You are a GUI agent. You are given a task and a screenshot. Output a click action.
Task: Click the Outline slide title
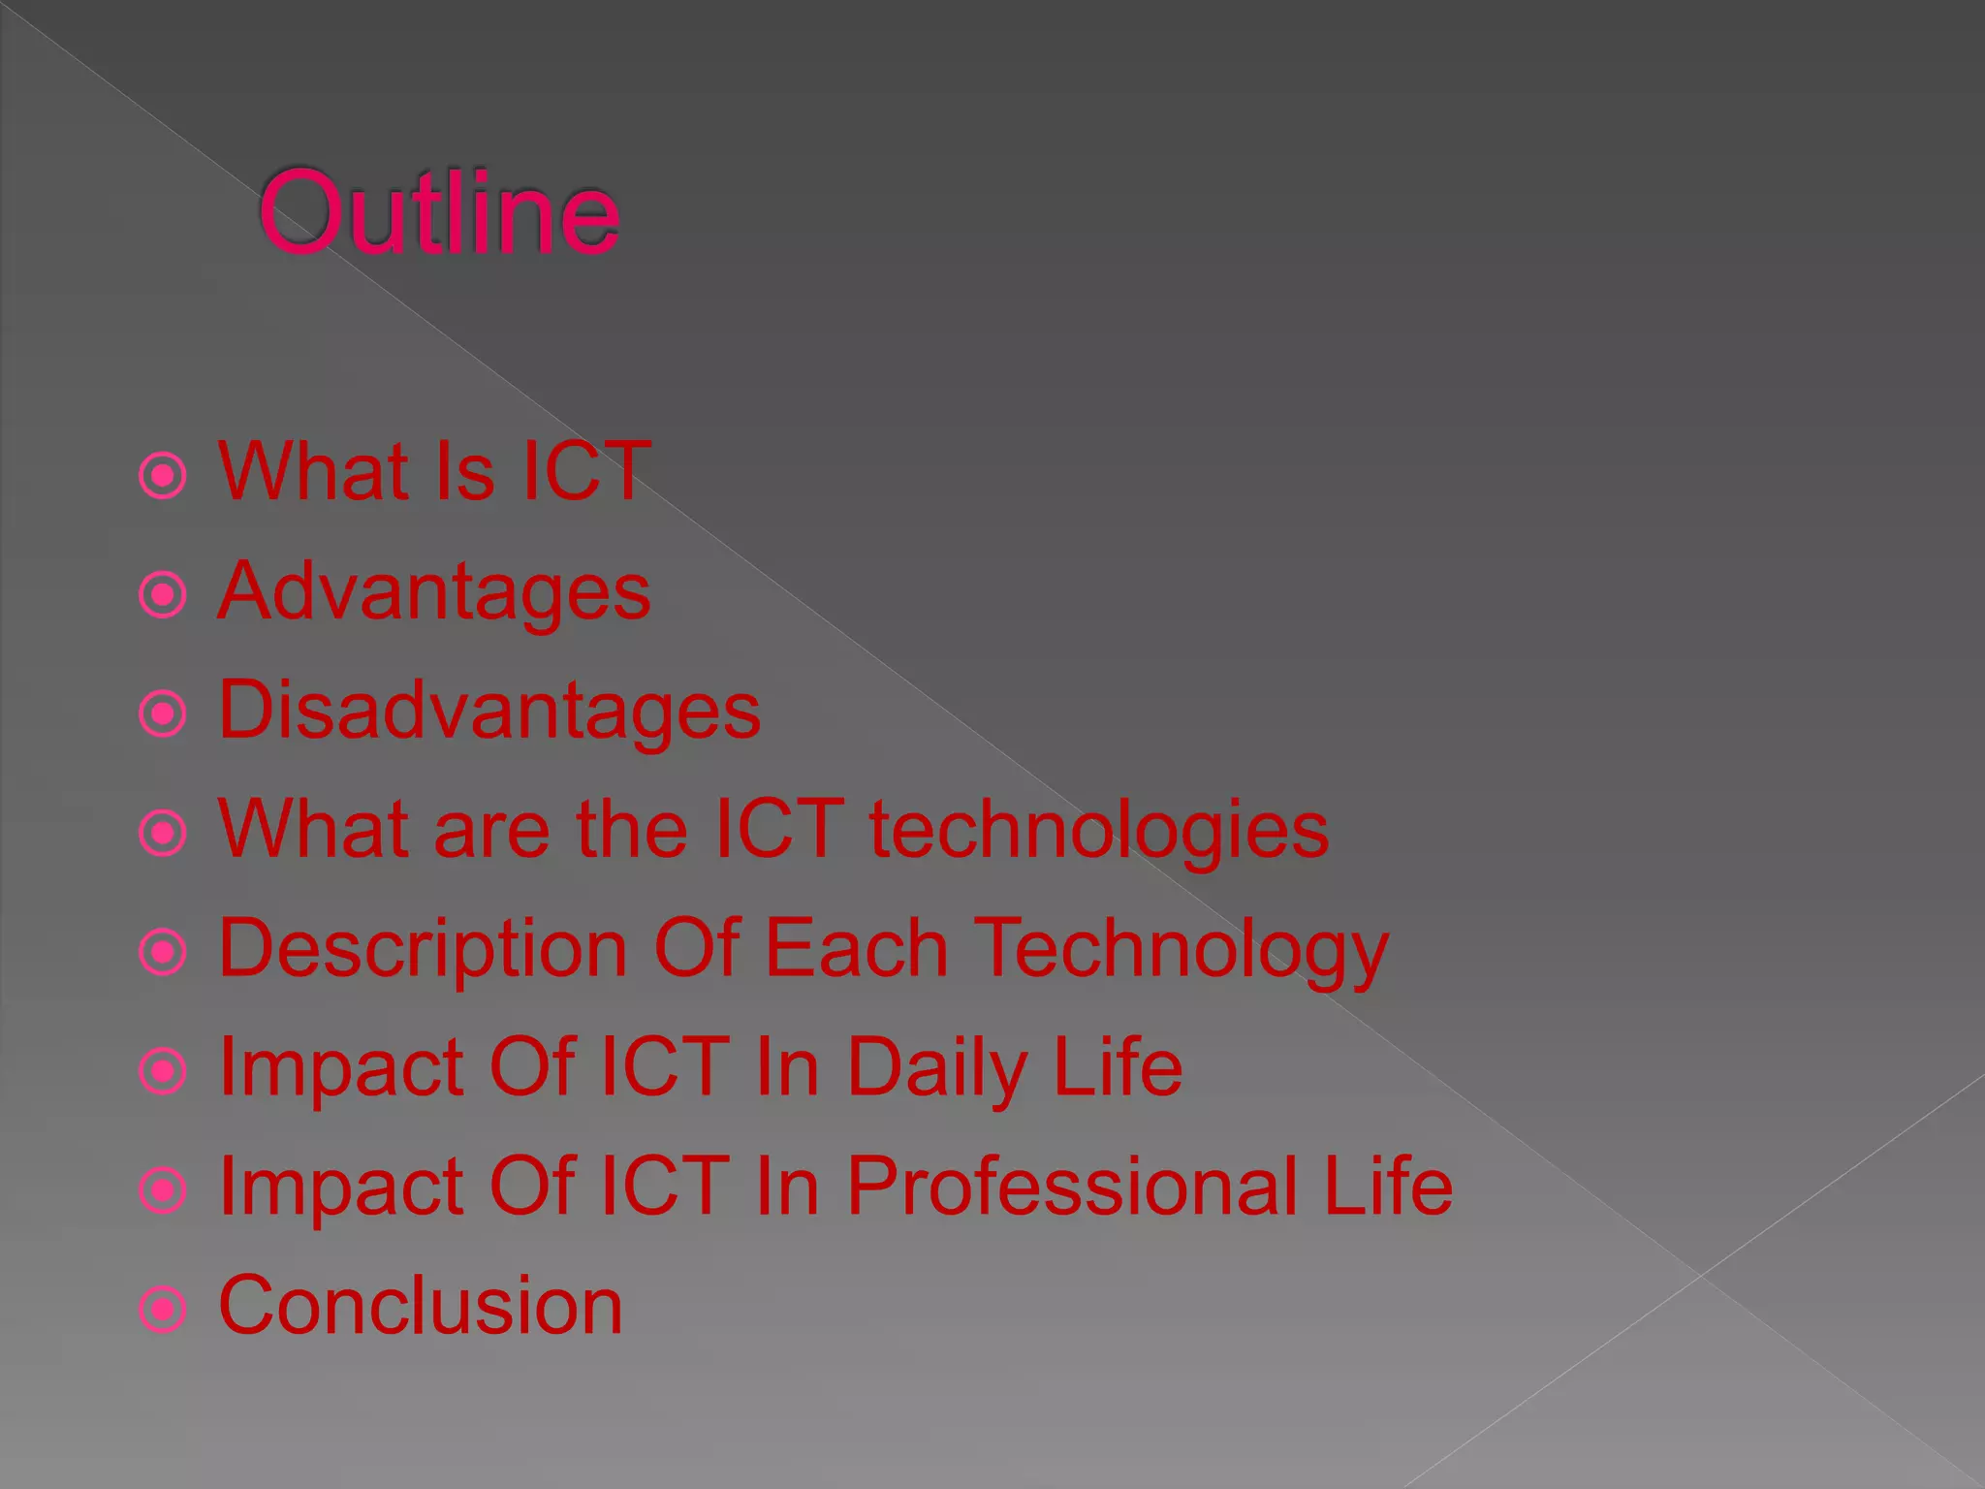click(x=438, y=212)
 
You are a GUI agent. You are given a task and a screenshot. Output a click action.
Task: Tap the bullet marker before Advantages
click(x=163, y=594)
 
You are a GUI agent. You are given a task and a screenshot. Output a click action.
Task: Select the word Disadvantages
click(x=489, y=711)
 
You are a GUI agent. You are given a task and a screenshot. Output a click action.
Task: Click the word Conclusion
click(x=421, y=1306)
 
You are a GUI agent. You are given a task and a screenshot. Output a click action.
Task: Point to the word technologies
click(x=1098, y=830)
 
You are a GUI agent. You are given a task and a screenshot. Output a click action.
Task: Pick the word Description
click(x=424, y=950)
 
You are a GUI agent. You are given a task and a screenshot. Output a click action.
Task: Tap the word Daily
click(x=936, y=1068)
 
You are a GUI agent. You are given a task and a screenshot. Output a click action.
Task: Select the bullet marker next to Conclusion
click(x=163, y=1310)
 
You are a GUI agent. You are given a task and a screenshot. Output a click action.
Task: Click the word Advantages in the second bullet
click(x=434, y=592)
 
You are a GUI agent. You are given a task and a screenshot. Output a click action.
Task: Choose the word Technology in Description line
click(x=1181, y=950)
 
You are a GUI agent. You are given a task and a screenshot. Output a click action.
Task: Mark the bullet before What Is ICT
click(x=163, y=475)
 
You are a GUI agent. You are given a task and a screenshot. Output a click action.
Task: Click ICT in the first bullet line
click(x=585, y=472)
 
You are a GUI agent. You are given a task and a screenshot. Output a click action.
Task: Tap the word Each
click(x=856, y=948)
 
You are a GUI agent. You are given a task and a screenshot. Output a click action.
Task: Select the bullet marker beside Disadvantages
click(x=163, y=714)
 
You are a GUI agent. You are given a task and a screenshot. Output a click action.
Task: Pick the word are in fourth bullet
click(x=492, y=832)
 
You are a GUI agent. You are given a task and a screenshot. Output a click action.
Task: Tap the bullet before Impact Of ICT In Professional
click(x=163, y=1190)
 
